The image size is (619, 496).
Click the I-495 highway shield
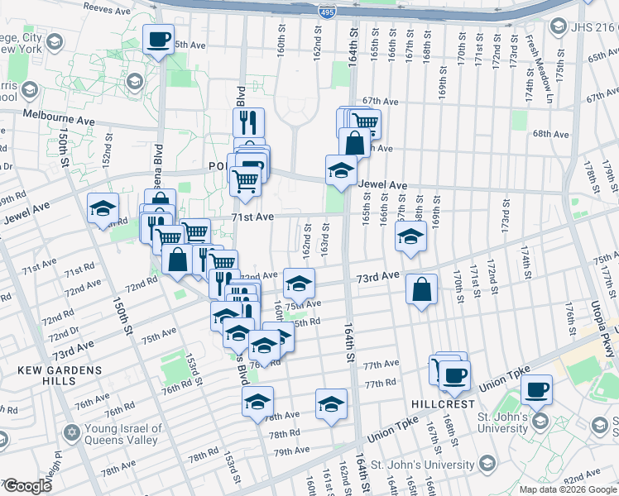pos(327,13)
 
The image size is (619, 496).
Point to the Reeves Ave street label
pos(108,12)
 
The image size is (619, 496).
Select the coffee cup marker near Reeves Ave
pos(158,38)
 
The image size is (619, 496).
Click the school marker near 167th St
pos(410,237)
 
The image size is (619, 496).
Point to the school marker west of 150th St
pos(103,208)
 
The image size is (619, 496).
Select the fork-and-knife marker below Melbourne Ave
pos(249,123)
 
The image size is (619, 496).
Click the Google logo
pos(27,486)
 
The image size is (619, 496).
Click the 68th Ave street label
pos(551,134)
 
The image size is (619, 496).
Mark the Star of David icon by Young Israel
pos(71,432)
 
